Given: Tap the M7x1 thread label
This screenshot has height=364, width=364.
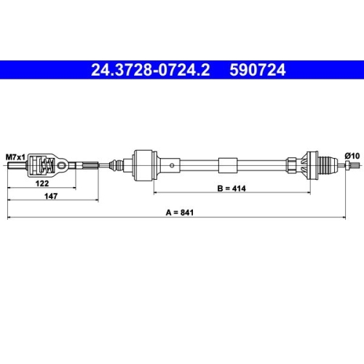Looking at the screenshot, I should point(15,157).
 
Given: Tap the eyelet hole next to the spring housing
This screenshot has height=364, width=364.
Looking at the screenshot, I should point(67,166).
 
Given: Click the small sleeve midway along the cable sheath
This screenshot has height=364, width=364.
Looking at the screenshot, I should point(228,166).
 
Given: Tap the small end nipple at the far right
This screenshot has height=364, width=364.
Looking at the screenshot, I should point(356,166).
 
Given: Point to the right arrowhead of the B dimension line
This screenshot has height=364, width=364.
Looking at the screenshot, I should point(309,193).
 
